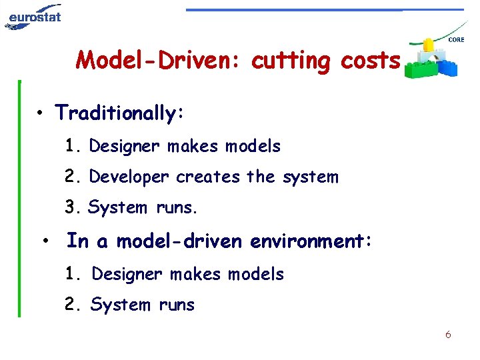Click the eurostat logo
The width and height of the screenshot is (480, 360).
(x=33, y=16)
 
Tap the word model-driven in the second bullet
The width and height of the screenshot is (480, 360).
(x=181, y=241)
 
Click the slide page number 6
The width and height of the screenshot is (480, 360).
(x=448, y=335)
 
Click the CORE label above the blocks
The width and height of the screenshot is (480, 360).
(x=457, y=40)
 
